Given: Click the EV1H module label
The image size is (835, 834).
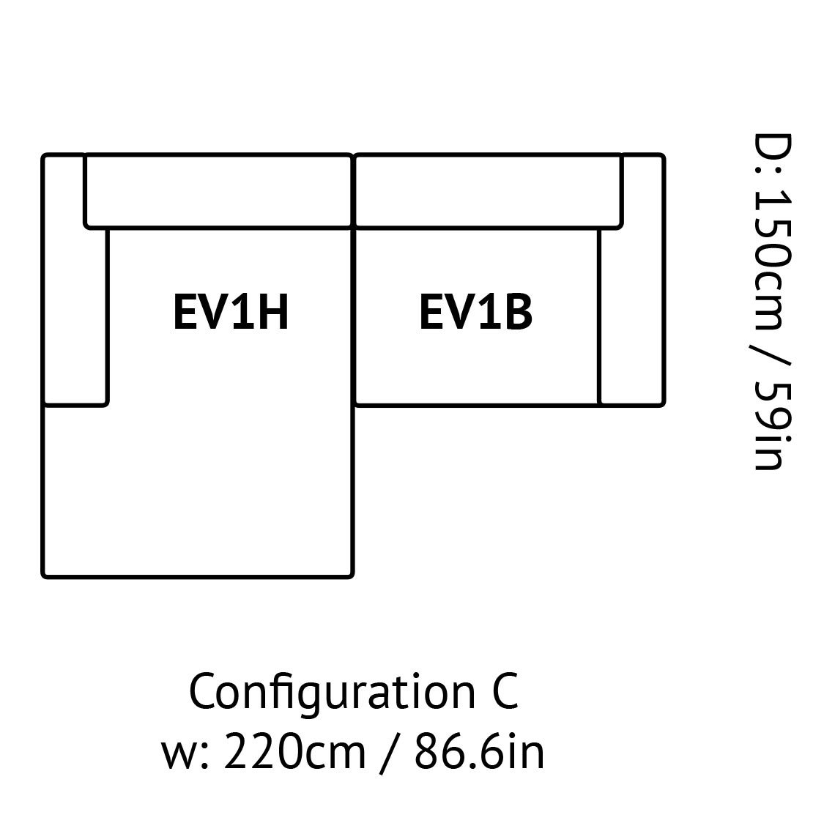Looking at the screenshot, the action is [x=231, y=312].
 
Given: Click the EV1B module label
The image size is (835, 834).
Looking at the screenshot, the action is [x=475, y=312].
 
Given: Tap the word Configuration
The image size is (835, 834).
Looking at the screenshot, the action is [x=333, y=693].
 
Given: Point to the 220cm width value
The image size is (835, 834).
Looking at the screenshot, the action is [x=294, y=751].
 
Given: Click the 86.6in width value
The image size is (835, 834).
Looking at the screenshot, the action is [x=479, y=751].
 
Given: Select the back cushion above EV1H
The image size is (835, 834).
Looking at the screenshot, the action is [x=219, y=192].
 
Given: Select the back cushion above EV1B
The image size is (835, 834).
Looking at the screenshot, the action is [x=489, y=192].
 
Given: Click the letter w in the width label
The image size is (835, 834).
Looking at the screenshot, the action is [x=179, y=756].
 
